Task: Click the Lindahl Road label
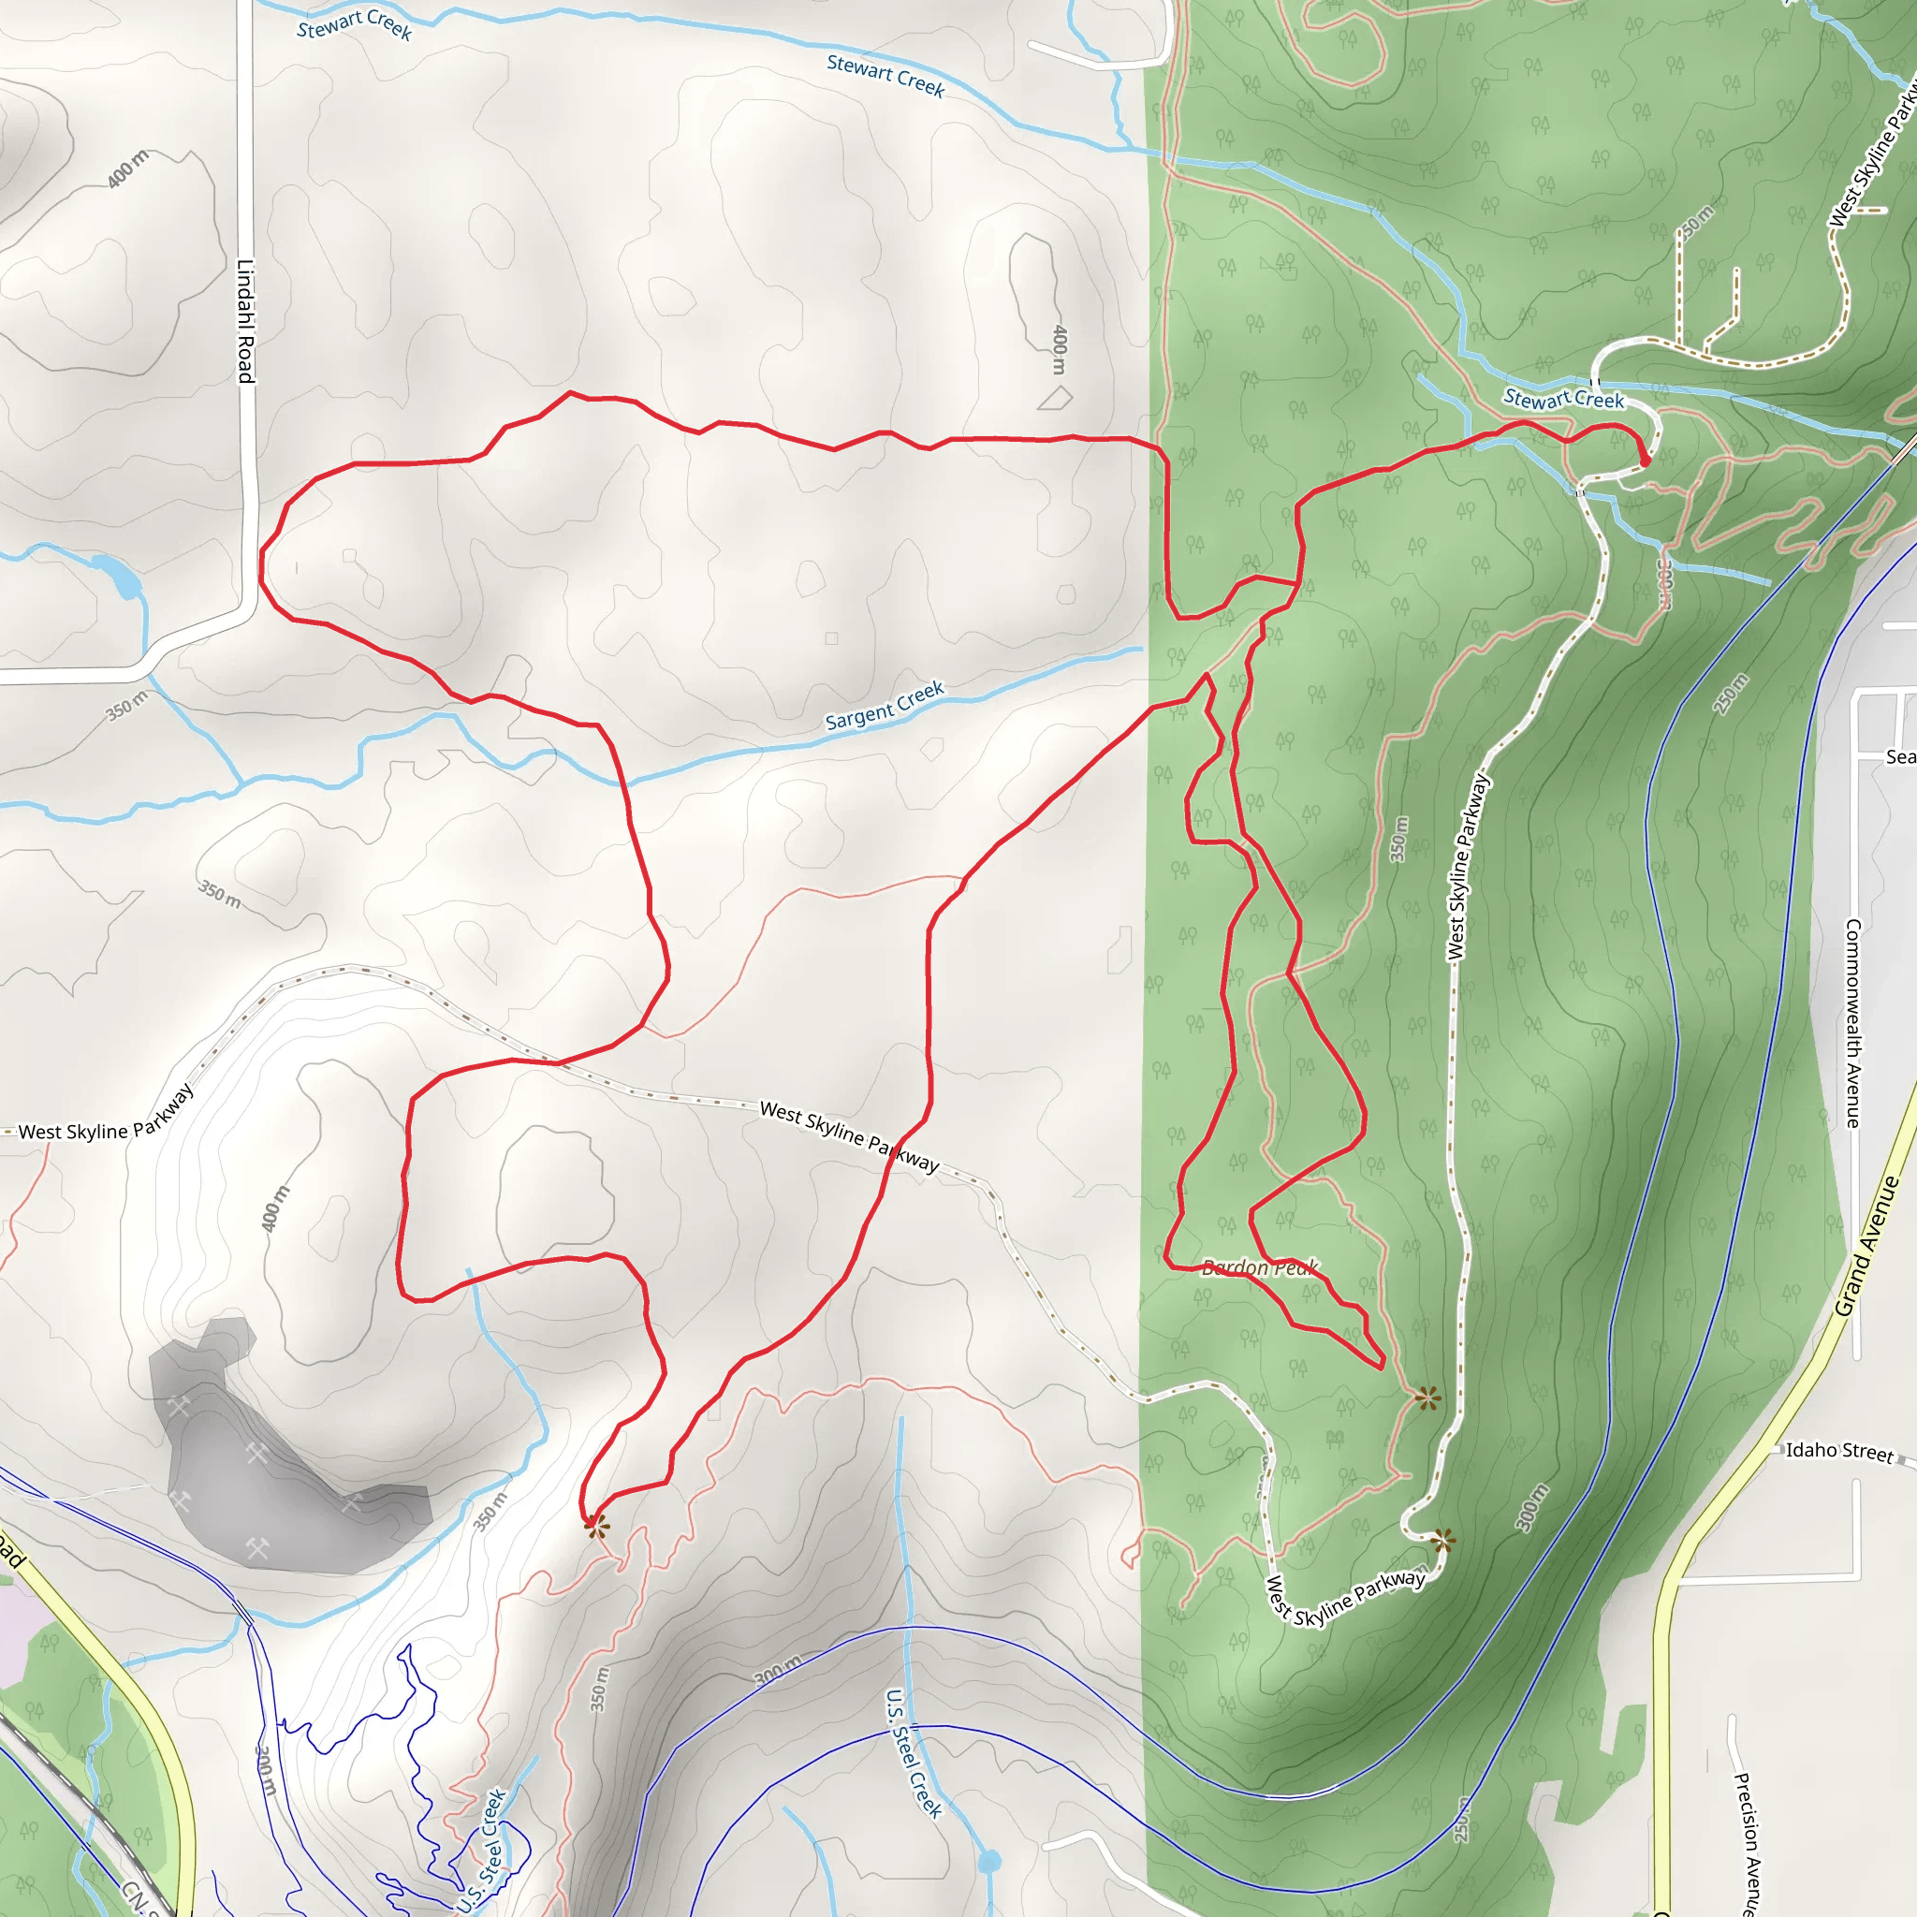(245, 320)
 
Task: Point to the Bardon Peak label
(1259, 1267)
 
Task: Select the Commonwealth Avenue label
(1852, 1023)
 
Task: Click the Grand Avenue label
(1866, 1246)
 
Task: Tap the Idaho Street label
(1839, 1451)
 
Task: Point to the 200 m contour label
(266, 1770)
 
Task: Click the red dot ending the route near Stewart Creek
(1646, 461)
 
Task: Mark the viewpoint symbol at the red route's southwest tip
(594, 1525)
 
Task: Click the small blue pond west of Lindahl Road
(119, 577)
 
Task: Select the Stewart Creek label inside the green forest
(1564, 399)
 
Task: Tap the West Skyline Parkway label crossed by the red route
(848, 1135)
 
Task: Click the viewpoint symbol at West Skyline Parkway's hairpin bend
(1442, 1541)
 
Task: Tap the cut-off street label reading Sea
(1900, 757)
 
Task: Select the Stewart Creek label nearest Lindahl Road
(354, 23)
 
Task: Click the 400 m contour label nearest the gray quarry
(275, 1208)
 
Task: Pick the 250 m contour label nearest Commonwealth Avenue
(1731, 694)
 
